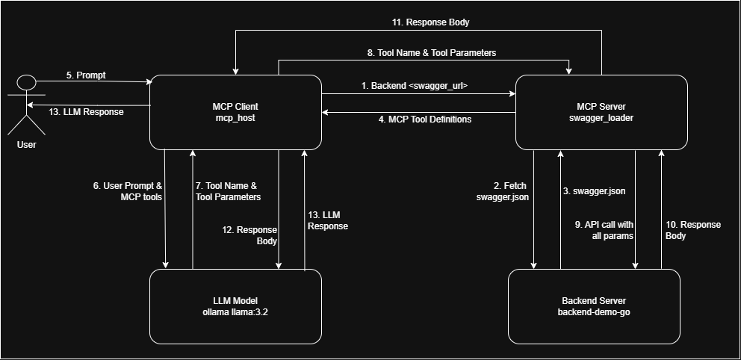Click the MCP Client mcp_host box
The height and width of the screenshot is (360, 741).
[235, 112]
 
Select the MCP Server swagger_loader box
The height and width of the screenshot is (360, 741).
[601, 112]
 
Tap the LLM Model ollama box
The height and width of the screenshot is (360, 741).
[235, 306]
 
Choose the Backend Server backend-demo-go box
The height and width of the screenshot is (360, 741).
[594, 306]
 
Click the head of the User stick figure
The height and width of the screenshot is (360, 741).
[27, 81]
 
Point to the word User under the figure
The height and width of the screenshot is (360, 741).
[26, 144]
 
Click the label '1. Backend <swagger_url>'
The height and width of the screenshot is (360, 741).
[419, 86]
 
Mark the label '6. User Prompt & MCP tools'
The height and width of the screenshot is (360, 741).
[128, 191]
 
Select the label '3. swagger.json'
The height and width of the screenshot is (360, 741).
[594, 191]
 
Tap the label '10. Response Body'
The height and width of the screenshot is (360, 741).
[693, 230]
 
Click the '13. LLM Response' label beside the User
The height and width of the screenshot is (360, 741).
[86, 112]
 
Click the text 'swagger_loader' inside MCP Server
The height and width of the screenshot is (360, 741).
[601, 118]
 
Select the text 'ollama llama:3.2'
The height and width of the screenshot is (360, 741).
[235, 312]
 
